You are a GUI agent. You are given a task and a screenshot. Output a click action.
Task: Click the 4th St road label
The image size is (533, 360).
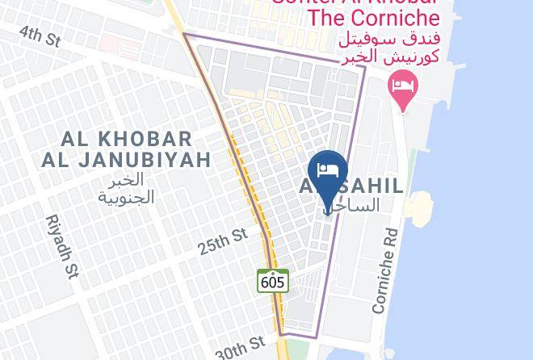40,35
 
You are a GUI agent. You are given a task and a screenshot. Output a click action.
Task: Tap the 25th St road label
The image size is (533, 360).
223,241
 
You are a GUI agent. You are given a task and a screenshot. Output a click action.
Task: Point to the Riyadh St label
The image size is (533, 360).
61,246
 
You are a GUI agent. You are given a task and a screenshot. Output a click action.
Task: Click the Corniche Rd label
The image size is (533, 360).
385,270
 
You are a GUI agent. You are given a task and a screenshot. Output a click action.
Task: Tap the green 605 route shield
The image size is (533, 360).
273,281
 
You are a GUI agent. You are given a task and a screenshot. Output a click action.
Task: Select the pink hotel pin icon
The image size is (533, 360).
402,89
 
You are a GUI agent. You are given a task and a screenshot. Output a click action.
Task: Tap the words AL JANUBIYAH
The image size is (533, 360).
126,160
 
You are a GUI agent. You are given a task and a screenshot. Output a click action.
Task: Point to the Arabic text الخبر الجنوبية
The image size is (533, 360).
126,188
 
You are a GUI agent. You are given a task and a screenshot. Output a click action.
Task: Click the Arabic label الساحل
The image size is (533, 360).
354,206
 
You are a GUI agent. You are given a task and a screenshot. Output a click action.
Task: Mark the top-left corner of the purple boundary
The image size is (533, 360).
184,34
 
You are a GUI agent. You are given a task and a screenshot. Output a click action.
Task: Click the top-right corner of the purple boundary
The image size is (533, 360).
365,66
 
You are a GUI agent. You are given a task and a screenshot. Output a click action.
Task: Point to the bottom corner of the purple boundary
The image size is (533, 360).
281,333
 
